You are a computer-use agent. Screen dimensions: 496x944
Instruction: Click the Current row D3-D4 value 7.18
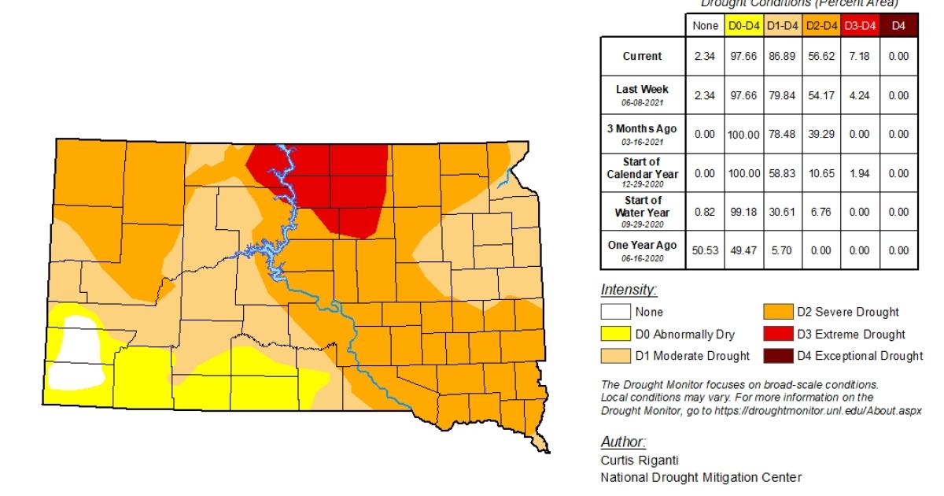[x=859, y=57]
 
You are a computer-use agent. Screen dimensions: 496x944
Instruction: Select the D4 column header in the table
[x=898, y=27]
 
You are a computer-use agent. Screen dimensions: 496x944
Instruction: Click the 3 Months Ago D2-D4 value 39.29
[x=820, y=134]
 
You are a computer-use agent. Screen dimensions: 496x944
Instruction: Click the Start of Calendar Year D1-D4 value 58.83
[x=780, y=173]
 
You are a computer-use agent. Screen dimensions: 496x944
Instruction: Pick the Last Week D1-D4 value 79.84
[x=780, y=95]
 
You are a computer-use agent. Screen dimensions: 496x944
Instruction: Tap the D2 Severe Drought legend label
[x=847, y=313]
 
